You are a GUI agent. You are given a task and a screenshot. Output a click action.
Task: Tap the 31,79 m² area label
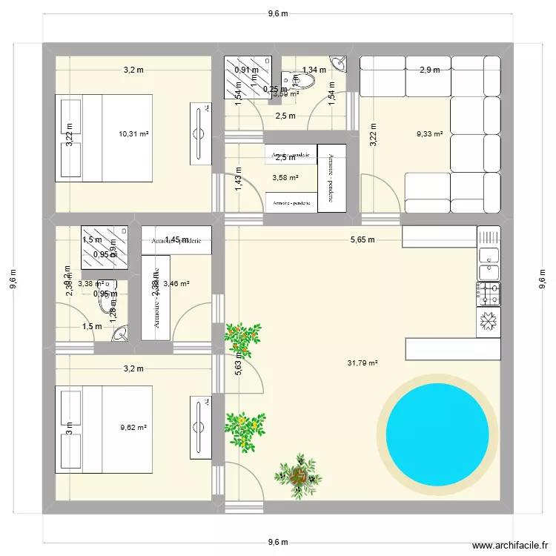click(x=363, y=363)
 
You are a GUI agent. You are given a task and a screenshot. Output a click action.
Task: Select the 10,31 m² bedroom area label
click(x=133, y=134)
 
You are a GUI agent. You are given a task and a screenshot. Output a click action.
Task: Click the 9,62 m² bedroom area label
click(x=133, y=428)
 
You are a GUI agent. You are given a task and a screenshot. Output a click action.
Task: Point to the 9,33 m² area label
click(x=429, y=134)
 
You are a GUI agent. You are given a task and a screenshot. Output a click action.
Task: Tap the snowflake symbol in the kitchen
click(x=488, y=321)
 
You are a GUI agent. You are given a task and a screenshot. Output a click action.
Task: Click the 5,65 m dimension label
click(x=362, y=239)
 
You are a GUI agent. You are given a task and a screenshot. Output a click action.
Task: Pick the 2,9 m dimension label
click(x=429, y=70)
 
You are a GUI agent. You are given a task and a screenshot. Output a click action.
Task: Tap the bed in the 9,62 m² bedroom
click(x=104, y=428)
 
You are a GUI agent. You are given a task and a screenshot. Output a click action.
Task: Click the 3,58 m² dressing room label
click(x=285, y=178)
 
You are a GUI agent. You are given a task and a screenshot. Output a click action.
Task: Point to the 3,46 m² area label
click(x=176, y=283)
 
